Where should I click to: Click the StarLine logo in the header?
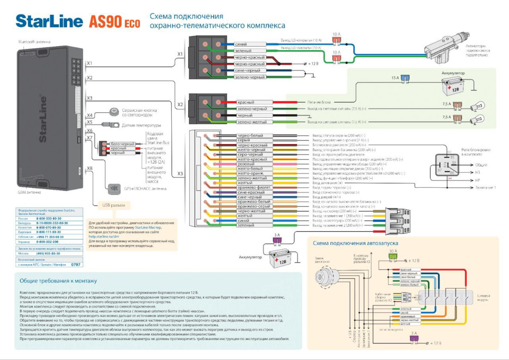(x=49, y=21)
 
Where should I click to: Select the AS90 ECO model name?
(x=115, y=22)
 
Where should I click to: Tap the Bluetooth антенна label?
(x=34, y=41)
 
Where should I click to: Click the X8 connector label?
(x=90, y=169)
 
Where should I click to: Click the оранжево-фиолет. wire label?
(x=253, y=188)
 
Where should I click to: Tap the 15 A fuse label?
(x=394, y=78)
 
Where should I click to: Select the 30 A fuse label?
(x=392, y=251)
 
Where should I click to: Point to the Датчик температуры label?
(x=141, y=125)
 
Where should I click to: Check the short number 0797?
(x=76, y=264)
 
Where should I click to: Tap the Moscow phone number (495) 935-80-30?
(x=49, y=253)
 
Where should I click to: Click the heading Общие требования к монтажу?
(x=58, y=280)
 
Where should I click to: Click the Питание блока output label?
(x=319, y=102)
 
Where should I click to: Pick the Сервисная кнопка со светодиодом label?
(x=137, y=112)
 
